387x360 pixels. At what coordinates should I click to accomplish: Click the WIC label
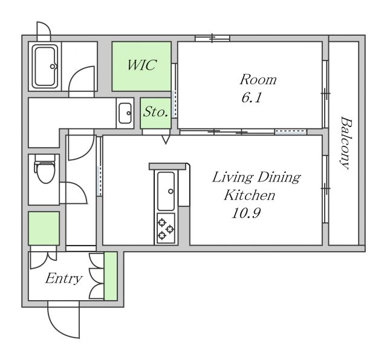click(x=141, y=65)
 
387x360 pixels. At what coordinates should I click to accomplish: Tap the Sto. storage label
click(x=156, y=111)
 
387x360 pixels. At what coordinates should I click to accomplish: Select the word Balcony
click(x=345, y=143)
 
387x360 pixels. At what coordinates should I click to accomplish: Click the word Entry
click(x=63, y=279)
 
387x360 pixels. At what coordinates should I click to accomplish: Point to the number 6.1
click(x=252, y=97)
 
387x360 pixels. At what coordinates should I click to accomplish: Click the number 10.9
click(x=246, y=213)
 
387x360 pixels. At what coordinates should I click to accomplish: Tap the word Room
click(x=258, y=79)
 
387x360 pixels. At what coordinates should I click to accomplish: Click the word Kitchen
click(x=249, y=195)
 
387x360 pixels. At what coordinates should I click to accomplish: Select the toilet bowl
click(x=45, y=169)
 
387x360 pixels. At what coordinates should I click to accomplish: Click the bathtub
click(x=45, y=67)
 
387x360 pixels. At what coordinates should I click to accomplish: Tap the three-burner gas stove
click(x=166, y=228)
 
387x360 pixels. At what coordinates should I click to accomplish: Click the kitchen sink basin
click(x=166, y=191)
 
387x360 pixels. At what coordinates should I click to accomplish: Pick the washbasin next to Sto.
click(x=125, y=113)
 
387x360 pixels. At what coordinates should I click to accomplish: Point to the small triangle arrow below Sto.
click(x=166, y=140)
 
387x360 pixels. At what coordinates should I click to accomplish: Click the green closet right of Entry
click(x=110, y=276)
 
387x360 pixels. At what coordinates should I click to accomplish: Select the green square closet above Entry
click(x=44, y=228)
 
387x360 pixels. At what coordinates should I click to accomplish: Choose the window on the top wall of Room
click(x=212, y=38)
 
